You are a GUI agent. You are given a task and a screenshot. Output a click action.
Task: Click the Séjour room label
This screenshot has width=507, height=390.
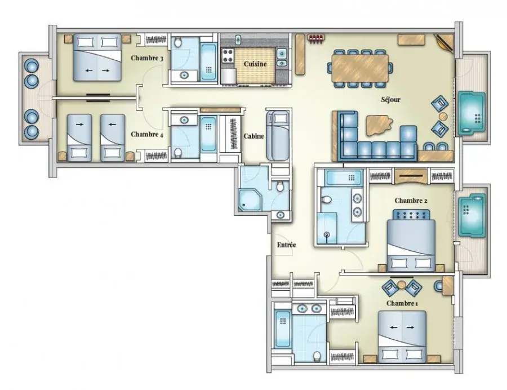(390, 100)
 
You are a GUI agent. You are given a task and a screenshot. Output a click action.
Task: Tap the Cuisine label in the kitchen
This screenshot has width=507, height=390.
(255, 64)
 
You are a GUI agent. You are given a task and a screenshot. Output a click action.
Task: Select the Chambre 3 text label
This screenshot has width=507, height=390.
(147, 58)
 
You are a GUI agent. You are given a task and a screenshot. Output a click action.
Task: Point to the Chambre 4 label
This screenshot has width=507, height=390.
(147, 134)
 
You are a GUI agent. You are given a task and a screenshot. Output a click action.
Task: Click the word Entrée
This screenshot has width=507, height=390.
(287, 245)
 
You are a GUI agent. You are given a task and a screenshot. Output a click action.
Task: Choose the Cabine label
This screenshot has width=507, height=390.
(254, 136)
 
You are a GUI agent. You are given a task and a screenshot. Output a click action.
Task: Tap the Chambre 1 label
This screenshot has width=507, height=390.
(402, 303)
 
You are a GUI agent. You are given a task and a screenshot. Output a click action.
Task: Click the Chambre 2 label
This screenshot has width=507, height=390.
(411, 201)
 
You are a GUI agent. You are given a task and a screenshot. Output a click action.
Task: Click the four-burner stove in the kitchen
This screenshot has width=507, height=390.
(228, 55)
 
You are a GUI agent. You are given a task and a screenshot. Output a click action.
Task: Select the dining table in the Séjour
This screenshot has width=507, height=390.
(360, 68)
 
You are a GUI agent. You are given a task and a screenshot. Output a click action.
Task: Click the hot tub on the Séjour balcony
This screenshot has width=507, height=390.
(472, 113)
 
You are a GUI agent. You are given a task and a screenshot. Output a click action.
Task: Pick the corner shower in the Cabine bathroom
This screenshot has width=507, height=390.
(250, 200)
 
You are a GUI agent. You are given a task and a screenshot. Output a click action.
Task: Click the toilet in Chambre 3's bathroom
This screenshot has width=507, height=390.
(178, 42)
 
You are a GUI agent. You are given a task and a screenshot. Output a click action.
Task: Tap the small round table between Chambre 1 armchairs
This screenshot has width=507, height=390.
(402, 285)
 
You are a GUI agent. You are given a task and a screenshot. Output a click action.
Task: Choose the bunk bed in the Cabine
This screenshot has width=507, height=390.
(277, 135)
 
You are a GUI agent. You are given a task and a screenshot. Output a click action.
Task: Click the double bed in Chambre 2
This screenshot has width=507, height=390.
(411, 241)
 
